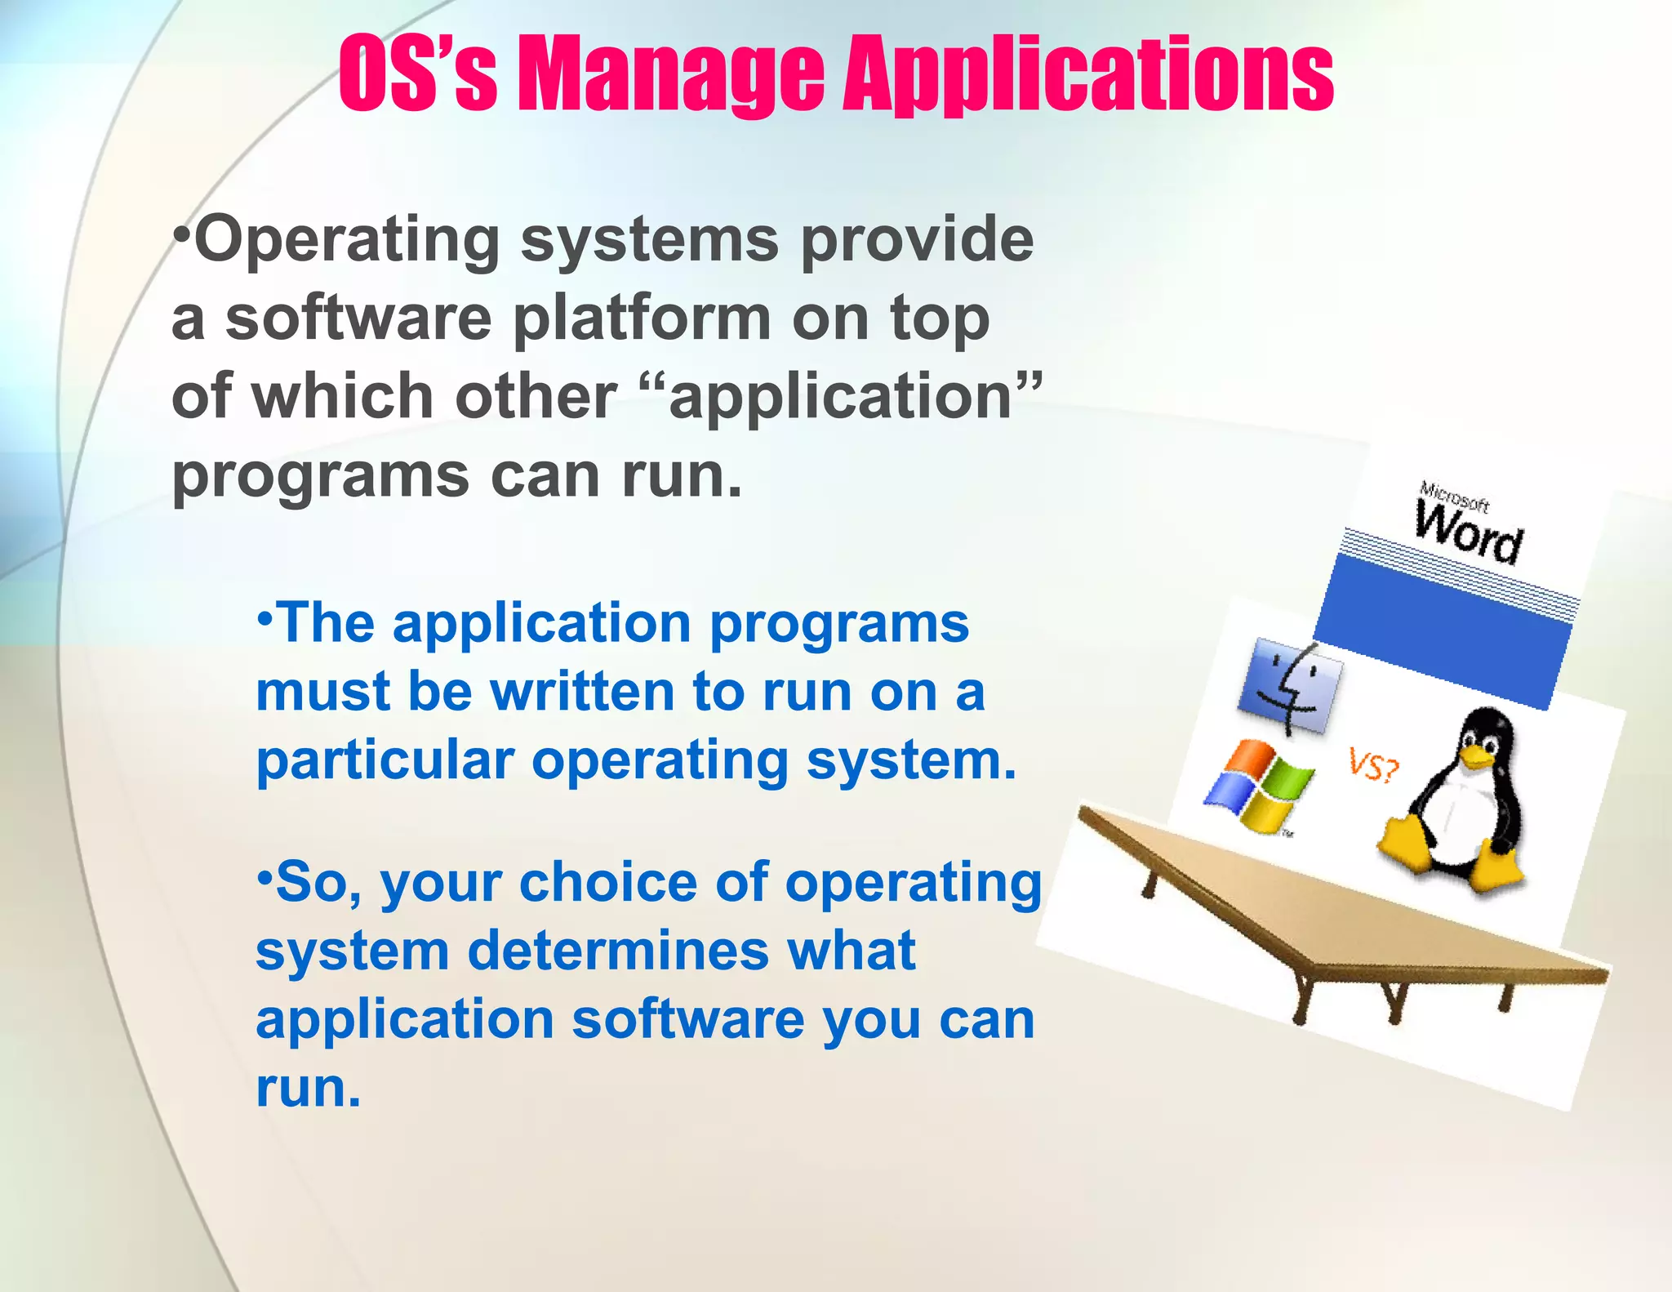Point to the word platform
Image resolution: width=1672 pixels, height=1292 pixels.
point(642,319)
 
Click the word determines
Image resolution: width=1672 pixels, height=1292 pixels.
point(618,951)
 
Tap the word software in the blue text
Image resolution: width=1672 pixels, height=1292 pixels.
point(688,1020)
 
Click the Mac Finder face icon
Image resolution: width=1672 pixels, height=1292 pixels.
point(1290,686)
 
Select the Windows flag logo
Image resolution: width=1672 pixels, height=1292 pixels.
point(1259,786)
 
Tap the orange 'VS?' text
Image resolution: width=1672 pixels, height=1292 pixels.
point(1373,765)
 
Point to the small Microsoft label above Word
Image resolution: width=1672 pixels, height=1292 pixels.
point(1454,496)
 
